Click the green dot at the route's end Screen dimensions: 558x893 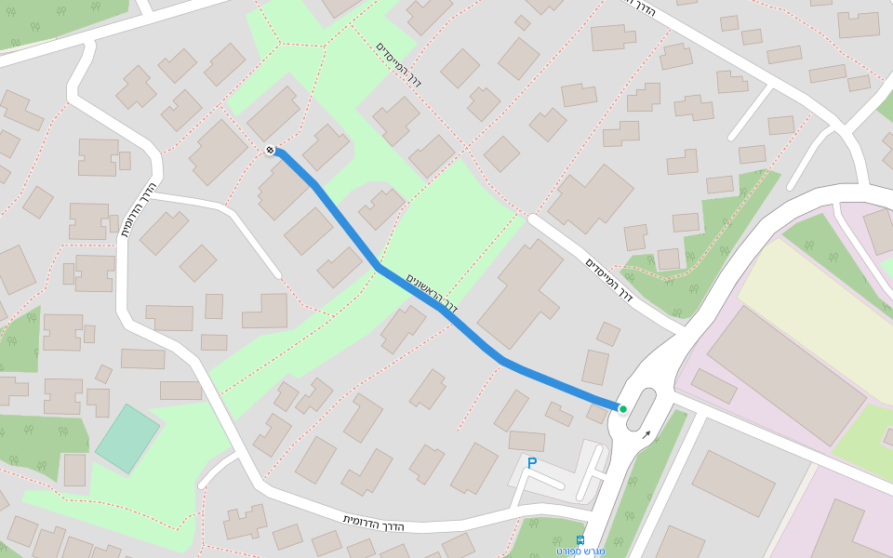click(x=622, y=408)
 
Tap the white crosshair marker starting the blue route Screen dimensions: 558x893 click(x=270, y=150)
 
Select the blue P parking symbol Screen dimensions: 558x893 click(x=532, y=462)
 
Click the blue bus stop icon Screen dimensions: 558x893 click(x=580, y=539)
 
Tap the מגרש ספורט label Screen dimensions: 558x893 click(x=580, y=551)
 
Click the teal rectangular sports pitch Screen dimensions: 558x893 click(x=127, y=438)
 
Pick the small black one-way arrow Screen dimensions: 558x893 click(x=646, y=433)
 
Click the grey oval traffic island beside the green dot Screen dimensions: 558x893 click(x=640, y=410)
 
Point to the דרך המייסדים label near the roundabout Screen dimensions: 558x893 click(x=609, y=279)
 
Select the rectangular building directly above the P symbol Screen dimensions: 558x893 click(x=526, y=440)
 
